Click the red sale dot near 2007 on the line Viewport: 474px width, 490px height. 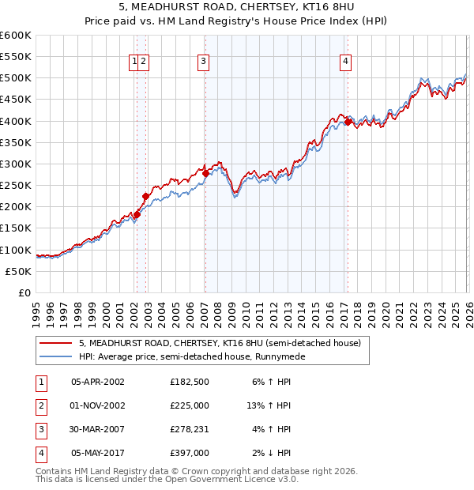click(205, 173)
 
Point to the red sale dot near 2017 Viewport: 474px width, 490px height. click(348, 122)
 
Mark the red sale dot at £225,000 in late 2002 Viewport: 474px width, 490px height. click(145, 196)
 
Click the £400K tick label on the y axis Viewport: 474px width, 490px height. click(16, 121)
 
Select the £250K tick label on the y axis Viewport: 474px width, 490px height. click(16, 185)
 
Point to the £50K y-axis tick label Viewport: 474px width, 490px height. click(19, 271)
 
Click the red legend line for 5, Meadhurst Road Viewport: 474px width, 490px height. click(56, 344)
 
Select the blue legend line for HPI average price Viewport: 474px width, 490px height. click(56, 356)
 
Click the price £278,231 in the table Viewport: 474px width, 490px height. click(188, 429)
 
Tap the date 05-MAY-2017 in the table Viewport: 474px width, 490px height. click(98, 453)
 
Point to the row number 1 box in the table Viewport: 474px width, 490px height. click(40, 382)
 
